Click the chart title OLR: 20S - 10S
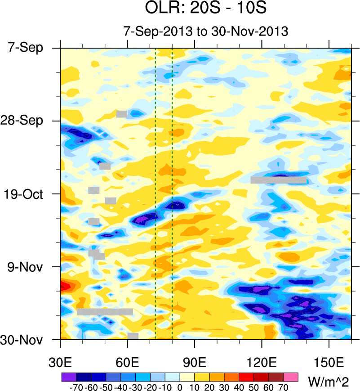tap(206, 9)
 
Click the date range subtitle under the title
tap(205, 31)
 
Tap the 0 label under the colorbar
tap(180, 387)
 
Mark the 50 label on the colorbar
tap(254, 387)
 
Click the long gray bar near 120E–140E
tap(278, 180)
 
